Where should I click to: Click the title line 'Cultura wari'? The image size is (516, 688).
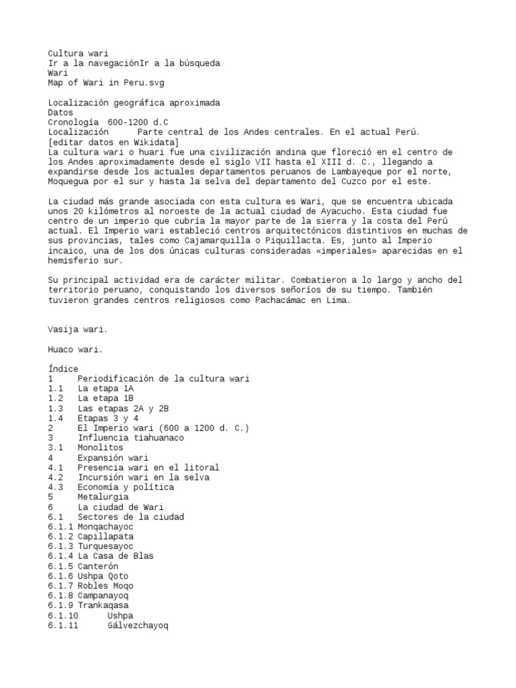(x=78, y=53)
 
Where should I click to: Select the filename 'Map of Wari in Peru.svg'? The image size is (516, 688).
(x=106, y=83)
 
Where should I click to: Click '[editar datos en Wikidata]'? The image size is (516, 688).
(x=114, y=142)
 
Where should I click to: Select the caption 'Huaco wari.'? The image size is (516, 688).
(x=75, y=349)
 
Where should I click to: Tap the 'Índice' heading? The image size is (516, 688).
(x=63, y=369)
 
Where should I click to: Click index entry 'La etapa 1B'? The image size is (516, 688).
(x=105, y=398)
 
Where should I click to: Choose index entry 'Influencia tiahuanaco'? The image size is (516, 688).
(x=130, y=438)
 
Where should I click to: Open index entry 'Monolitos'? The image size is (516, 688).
(x=100, y=447)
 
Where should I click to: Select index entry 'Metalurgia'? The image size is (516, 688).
(x=103, y=497)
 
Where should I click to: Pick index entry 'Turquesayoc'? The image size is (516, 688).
(x=105, y=546)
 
